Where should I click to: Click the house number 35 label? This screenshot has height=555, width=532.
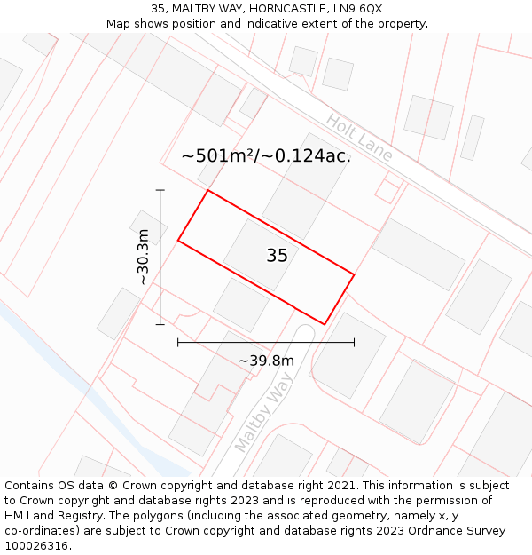click(277, 256)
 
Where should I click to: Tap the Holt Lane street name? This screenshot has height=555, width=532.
click(359, 138)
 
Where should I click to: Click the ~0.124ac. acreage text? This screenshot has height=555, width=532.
click(312, 156)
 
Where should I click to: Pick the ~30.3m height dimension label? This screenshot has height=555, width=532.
click(143, 257)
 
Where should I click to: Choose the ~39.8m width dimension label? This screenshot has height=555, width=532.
click(266, 361)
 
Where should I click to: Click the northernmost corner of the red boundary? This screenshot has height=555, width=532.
click(208, 190)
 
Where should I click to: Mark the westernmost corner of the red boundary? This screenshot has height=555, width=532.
click(178, 240)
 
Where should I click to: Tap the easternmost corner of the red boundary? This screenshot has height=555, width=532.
click(354, 274)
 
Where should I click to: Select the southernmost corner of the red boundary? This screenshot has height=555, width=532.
click(325, 324)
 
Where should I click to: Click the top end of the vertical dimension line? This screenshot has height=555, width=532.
click(160, 190)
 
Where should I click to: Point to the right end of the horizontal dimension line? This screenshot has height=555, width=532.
click(354, 342)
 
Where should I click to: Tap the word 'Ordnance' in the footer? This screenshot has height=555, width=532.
click(449, 530)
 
